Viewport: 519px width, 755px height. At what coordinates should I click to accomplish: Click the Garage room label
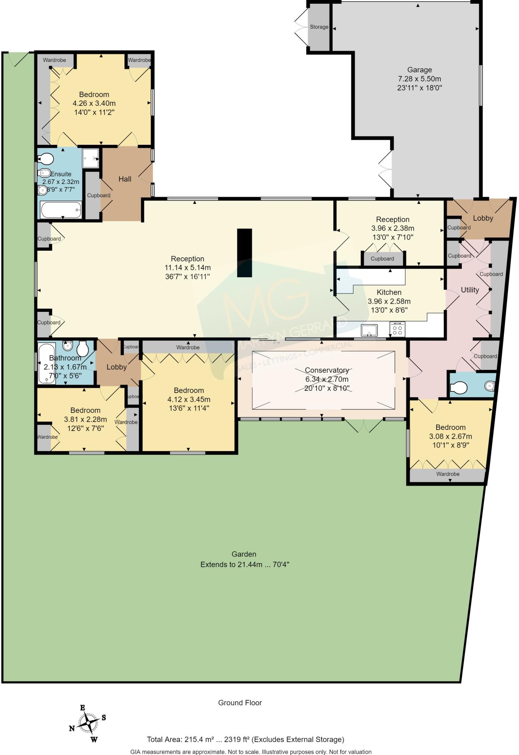tap(419, 70)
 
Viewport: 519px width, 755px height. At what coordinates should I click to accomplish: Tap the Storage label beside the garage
tap(319, 27)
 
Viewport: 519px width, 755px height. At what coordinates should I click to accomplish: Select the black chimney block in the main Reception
tap(244, 253)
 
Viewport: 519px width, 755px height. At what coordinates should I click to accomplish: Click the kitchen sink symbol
tap(369, 330)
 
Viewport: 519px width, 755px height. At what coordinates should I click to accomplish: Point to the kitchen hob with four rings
tap(397, 329)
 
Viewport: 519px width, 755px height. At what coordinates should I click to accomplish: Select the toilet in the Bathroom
tap(82, 348)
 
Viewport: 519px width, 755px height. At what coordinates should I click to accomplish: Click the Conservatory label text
tap(327, 370)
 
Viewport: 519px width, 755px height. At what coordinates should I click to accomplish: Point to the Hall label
tap(125, 179)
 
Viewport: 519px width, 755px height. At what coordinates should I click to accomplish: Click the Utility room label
tap(470, 290)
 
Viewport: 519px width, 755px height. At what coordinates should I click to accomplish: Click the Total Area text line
tap(245, 739)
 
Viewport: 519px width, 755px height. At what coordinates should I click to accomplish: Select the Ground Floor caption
tap(240, 703)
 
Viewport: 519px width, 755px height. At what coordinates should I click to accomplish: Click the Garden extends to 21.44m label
tap(244, 564)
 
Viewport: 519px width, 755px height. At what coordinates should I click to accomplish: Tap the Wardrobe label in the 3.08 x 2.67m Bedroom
tap(448, 474)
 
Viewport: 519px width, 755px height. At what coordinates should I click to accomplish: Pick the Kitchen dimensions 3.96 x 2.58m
tap(389, 301)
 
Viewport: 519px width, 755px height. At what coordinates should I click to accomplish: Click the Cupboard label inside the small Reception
tap(382, 259)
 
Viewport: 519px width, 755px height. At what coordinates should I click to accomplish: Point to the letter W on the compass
tap(94, 740)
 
